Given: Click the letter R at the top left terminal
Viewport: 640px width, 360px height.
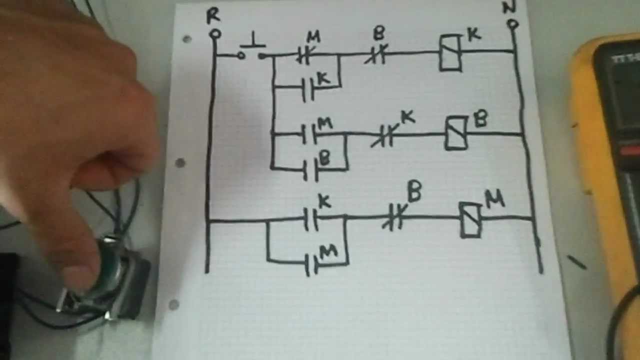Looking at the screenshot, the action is [x=213, y=15].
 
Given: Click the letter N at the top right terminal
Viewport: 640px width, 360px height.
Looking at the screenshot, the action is [x=509, y=7].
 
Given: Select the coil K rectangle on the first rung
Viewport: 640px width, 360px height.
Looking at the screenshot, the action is [x=450, y=52].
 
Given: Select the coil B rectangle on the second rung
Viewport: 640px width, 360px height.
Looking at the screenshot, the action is [x=456, y=133].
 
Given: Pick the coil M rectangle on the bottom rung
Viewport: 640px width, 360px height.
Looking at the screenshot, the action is [x=470, y=219].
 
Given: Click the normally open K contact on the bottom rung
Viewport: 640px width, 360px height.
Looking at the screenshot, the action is [x=311, y=218].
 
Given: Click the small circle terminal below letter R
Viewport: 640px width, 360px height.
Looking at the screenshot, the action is [x=215, y=34].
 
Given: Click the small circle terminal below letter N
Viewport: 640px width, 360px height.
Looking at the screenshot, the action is [x=512, y=24].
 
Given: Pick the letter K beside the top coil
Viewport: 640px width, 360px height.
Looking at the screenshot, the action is [x=473, y=34].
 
